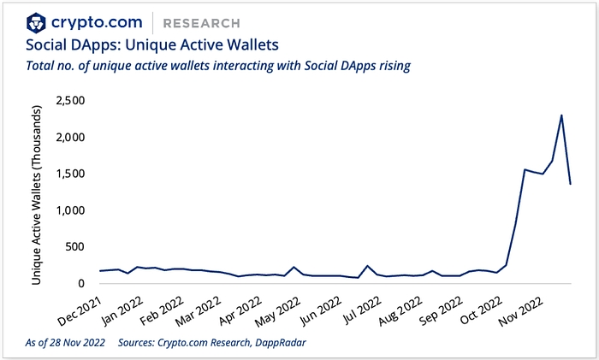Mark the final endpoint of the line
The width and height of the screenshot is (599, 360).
(x=570, y=184)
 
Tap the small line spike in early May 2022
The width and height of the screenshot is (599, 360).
(x=294, y=267)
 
